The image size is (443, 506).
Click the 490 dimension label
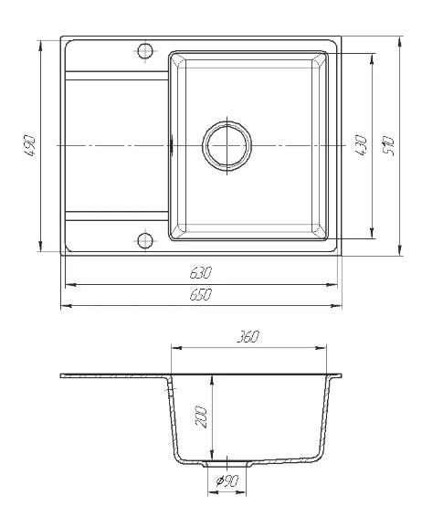[x=29, y=146]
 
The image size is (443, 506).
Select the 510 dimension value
[x=388, y=146]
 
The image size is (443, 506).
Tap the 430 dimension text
[x=362, y=146]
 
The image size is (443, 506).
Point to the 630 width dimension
[x=200, y=273]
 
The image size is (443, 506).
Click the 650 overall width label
[x=200, y=294]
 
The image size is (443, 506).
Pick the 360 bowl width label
[x=248, y=337]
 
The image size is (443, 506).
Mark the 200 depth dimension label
[x=201, y=417]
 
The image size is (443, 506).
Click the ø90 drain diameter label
[x=227, y=481]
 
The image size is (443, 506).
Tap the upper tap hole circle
[x=145, y=50]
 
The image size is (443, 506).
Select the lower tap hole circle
[x=145, y=241]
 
